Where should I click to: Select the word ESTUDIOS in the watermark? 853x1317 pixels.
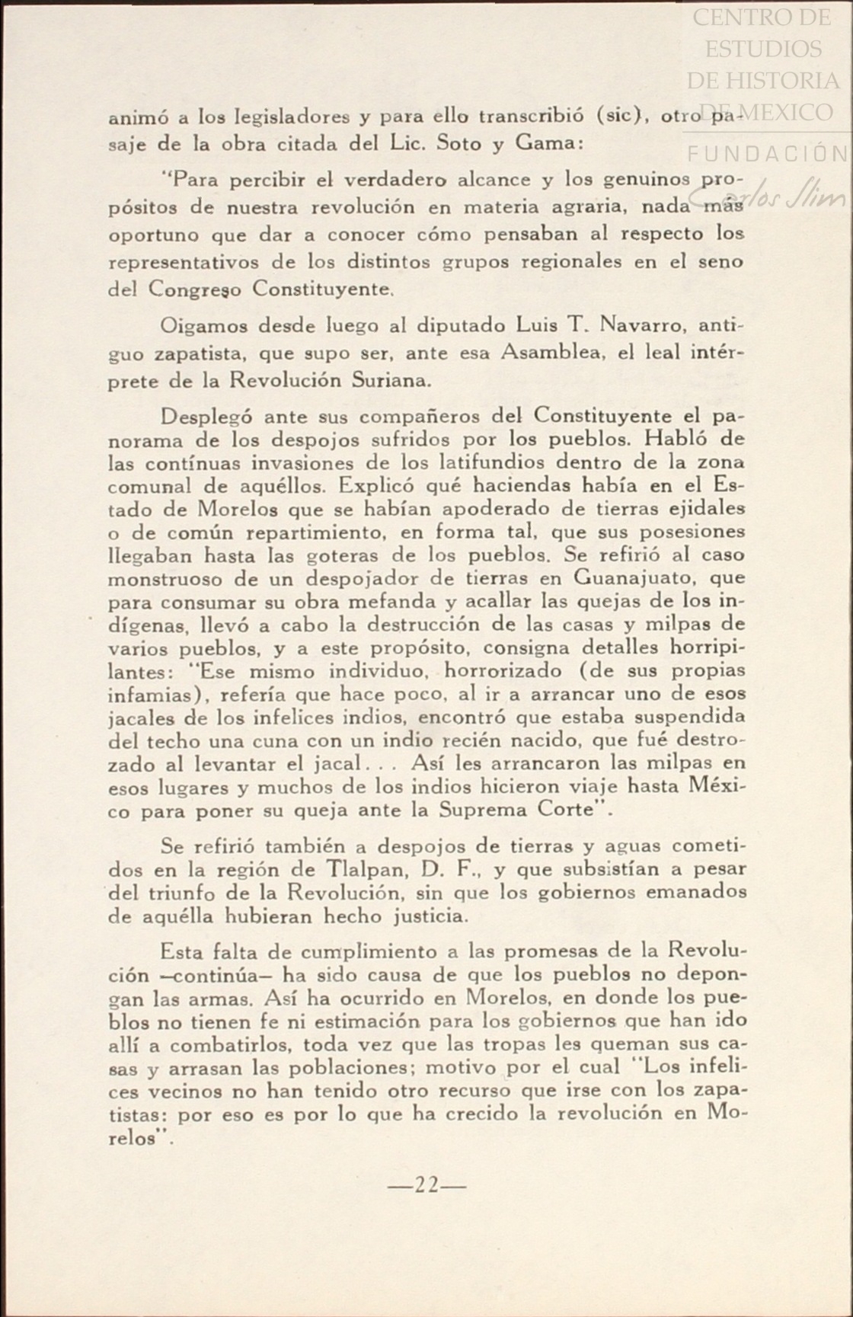763,49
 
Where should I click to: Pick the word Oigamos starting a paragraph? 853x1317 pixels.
204,327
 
